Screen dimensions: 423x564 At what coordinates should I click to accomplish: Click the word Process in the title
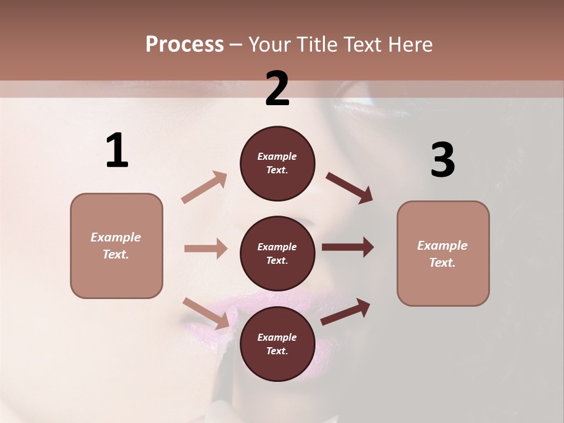point(184,45)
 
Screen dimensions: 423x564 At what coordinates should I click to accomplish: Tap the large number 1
point(117,151)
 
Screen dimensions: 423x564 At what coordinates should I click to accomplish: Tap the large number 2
point(277,89)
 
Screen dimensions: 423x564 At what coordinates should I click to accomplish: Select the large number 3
point(442,160)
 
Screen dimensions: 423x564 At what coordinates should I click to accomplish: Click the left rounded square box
point(116,246)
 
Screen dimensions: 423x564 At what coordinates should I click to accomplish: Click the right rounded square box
point(443,254)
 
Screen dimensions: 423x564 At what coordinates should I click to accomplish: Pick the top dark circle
point(277,163)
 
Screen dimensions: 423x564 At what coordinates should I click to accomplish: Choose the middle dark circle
point(277,253)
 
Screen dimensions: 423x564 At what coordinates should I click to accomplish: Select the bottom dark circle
point(277,344)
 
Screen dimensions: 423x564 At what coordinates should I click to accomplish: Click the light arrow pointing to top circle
point(204,187)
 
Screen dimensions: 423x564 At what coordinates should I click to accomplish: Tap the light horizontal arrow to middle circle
point(206,249)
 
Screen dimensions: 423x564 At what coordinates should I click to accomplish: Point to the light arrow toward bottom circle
point(206,313)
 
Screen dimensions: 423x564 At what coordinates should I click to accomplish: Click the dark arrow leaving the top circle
point(350,187)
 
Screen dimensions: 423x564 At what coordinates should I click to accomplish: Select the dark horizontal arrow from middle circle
point(348,247)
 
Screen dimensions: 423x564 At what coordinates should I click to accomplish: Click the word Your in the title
point(268,45)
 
